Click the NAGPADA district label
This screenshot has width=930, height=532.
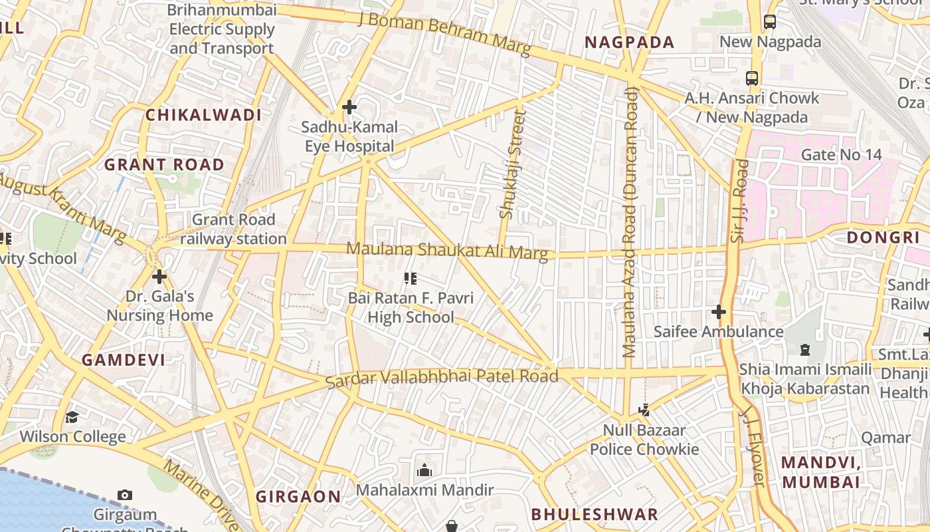pos(629,43)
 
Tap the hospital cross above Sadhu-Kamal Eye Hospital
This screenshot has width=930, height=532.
pos(349,107)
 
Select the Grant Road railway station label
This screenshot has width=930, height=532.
pos(233,229)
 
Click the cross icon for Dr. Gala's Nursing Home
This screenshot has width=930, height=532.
pos(159,276)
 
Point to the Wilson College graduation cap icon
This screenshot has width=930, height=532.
pos(72,417)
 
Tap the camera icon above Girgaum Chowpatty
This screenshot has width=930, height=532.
pos(124,495)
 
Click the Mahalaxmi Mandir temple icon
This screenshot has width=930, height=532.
pos(424,471)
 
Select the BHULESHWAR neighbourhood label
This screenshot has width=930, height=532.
pos(595,514)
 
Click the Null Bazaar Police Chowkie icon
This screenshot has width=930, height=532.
pos(644,410)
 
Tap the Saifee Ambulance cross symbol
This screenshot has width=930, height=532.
pos(718,311)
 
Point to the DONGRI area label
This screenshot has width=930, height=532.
pos(883,237)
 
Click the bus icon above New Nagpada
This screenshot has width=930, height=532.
pos(769,22)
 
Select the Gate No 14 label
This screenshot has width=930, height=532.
pos(841,155)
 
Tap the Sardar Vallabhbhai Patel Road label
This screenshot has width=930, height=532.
pos(442,377)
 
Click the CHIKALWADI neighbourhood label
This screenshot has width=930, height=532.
pos(203,115)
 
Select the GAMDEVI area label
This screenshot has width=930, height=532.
pos(124,360)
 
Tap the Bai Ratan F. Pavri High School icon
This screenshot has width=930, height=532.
pos(411,279)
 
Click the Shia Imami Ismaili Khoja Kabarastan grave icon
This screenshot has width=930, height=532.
pos(805,349)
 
